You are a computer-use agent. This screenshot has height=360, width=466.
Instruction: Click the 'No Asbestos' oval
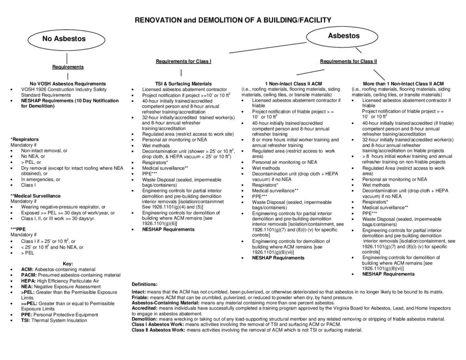(64, 39)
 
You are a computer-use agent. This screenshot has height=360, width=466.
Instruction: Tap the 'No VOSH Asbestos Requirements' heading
(67, 84)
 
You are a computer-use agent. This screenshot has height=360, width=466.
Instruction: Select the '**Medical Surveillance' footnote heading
(35, 196)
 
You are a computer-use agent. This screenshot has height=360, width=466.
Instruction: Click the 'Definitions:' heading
(144, 284)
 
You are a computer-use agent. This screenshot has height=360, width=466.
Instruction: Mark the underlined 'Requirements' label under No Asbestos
(67, 67)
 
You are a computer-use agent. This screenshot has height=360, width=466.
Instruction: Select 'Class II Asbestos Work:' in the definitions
(158, 330)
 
